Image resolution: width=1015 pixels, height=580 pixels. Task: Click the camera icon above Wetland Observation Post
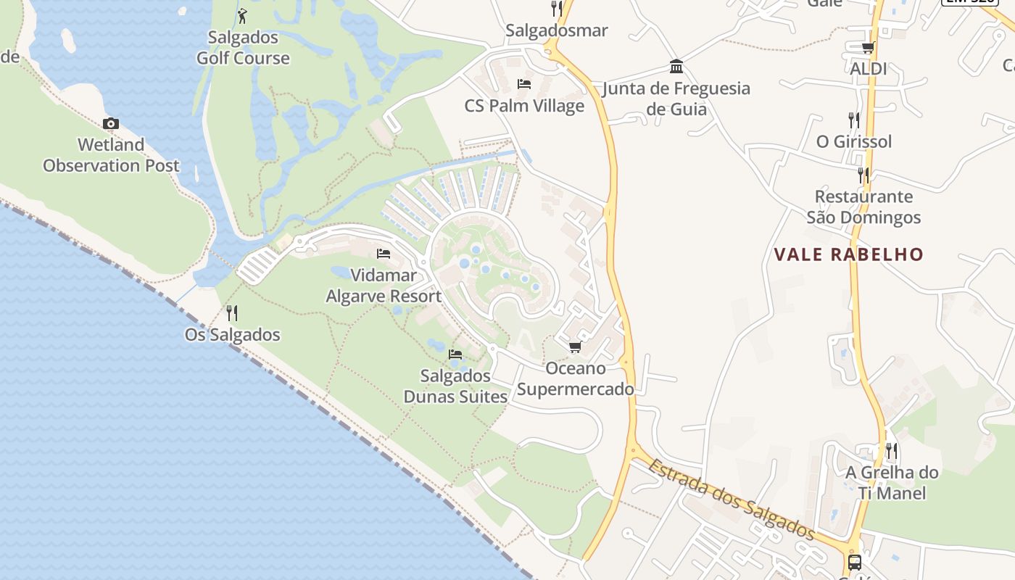[110, 123]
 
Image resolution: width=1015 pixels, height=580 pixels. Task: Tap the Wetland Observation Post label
[111, 155]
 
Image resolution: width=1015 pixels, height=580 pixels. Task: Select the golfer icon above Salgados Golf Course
[243, 16]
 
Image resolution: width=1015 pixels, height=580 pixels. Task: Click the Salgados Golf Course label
[243, 48]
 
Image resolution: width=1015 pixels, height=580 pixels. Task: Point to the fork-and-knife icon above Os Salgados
[232, 313]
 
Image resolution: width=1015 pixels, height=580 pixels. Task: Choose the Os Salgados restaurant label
[232, 335]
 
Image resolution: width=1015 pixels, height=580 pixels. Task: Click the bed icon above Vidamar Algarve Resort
[384, 254]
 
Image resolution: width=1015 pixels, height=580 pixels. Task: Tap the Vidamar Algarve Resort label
[384, 286]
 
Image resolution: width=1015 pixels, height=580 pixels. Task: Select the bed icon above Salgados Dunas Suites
[455, 354]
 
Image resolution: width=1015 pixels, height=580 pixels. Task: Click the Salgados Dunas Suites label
[455, 386]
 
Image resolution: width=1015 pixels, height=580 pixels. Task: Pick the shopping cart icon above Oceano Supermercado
[576, 347]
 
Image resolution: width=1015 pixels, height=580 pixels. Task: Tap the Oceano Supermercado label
[576, 378]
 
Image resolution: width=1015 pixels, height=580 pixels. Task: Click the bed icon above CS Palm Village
[524, 84]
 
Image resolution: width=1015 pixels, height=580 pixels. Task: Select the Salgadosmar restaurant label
[557, 30]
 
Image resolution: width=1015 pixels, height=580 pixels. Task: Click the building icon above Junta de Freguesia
[676, 67]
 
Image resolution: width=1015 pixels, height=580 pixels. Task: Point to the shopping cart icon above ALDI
[868, 48]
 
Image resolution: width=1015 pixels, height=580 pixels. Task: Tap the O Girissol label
[854, 141]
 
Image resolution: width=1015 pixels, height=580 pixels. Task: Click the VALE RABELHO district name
[849, 254]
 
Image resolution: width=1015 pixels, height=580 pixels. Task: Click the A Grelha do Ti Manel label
[892, 483]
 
